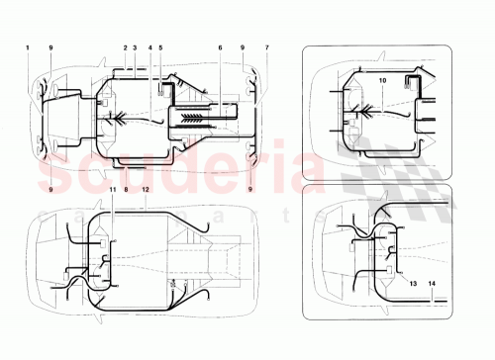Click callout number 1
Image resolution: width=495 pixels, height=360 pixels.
coord(28,47)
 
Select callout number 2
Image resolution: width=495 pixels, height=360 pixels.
coord(126,47)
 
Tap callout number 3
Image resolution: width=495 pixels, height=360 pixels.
coord(135,47)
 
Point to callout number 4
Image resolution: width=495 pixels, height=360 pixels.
coord(149,47)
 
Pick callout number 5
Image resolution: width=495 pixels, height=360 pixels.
coord(160,47)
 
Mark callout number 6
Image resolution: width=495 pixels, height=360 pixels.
coord(220,47)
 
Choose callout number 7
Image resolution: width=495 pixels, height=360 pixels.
coord(266,47)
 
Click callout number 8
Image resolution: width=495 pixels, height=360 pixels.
coord(127,188)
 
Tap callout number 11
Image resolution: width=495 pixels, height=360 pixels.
coord(112,188)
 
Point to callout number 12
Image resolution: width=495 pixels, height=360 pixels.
coord(145,188)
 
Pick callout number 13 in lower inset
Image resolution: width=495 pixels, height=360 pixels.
coord(414,282)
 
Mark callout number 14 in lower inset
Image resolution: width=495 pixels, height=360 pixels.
coord(432,282)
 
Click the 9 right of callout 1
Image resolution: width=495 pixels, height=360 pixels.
coord(51,47)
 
